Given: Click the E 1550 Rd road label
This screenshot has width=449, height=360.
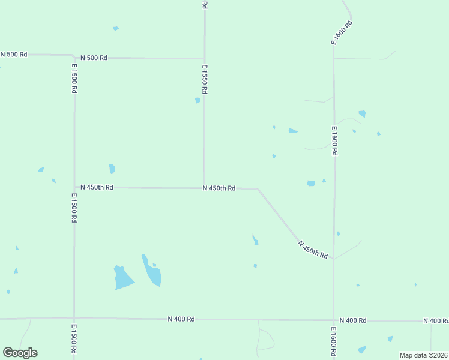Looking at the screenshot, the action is coord(204,79).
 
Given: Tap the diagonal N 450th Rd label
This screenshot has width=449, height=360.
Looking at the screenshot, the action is coord(313,249).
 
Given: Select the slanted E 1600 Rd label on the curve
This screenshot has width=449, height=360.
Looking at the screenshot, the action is coord(341,32).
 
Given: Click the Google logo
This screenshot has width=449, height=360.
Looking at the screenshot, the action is coord(20,353).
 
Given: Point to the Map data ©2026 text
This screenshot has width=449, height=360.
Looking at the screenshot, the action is coord(423,355).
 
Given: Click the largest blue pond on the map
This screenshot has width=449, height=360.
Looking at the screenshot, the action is coord(123,278).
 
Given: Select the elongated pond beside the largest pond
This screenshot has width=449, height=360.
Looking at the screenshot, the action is coord(152,272).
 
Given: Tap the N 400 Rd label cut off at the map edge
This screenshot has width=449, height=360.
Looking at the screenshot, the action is coord(436,321).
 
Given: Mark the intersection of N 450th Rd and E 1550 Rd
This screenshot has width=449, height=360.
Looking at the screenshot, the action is coord(204,188).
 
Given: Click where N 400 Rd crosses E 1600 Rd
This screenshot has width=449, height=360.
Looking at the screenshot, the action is coord(334,320).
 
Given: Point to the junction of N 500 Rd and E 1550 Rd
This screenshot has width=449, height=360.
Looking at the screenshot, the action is coord(205,58).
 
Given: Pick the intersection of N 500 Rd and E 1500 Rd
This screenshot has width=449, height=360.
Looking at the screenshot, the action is coord(74,56).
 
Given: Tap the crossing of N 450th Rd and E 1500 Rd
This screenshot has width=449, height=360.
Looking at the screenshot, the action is coord(74,187).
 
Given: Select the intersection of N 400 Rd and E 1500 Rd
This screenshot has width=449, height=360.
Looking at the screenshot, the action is coord(74,318).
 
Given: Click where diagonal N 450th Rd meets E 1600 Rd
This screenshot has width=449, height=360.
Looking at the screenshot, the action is coord(334,259).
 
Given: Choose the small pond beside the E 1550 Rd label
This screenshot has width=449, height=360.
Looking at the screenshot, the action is coord(197,100).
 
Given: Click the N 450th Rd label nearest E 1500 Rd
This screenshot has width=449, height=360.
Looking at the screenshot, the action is coord(96,187).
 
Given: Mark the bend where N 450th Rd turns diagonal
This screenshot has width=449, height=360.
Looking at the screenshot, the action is coord(258,190).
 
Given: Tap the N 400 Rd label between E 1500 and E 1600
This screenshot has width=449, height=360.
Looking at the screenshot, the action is coord(181,319).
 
